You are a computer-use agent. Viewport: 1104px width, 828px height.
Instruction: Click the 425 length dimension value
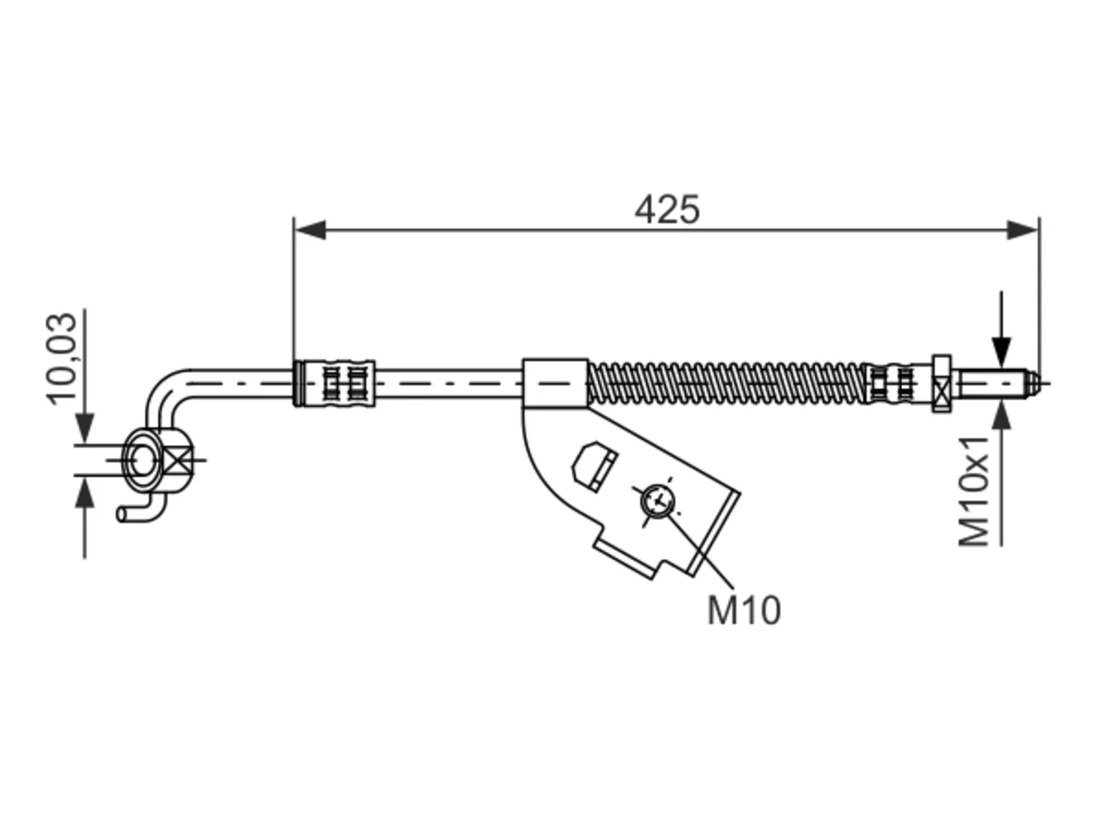(x=667, y=210)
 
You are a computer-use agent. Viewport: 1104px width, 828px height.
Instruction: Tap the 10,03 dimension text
(x=62, y=358)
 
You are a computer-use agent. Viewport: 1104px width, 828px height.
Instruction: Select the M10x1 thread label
(x=973, y=491)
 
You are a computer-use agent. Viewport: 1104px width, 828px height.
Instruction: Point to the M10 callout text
(x=743, y=611)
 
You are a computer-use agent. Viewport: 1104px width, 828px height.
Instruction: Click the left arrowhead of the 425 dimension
(x=310, y=229)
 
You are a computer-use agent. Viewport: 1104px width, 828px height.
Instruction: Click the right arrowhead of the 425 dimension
(x=1022, y=229)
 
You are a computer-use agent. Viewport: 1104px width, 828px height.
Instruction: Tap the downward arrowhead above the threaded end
(x=1001, y=352)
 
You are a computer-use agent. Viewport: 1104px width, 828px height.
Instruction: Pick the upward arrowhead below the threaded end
(x=1001, y=414)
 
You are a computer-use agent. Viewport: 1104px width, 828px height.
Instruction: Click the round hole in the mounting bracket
(x=657, y=501)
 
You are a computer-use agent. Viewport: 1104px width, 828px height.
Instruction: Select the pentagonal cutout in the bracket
(x=595, y=466)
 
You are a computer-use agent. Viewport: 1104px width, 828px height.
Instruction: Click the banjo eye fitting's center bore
(x=142, y=460)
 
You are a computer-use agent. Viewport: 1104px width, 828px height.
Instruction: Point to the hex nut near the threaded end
(x=942, y=384)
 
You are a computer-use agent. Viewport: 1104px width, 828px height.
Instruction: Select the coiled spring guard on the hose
(x=725, y=384)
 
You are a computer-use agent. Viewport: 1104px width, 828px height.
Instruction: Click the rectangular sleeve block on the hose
(x=555, y=383)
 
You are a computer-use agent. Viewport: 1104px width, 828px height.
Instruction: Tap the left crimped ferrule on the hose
(x=334, y=383)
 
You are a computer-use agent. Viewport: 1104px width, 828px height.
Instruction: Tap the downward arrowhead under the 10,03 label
(x=85, y=429)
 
